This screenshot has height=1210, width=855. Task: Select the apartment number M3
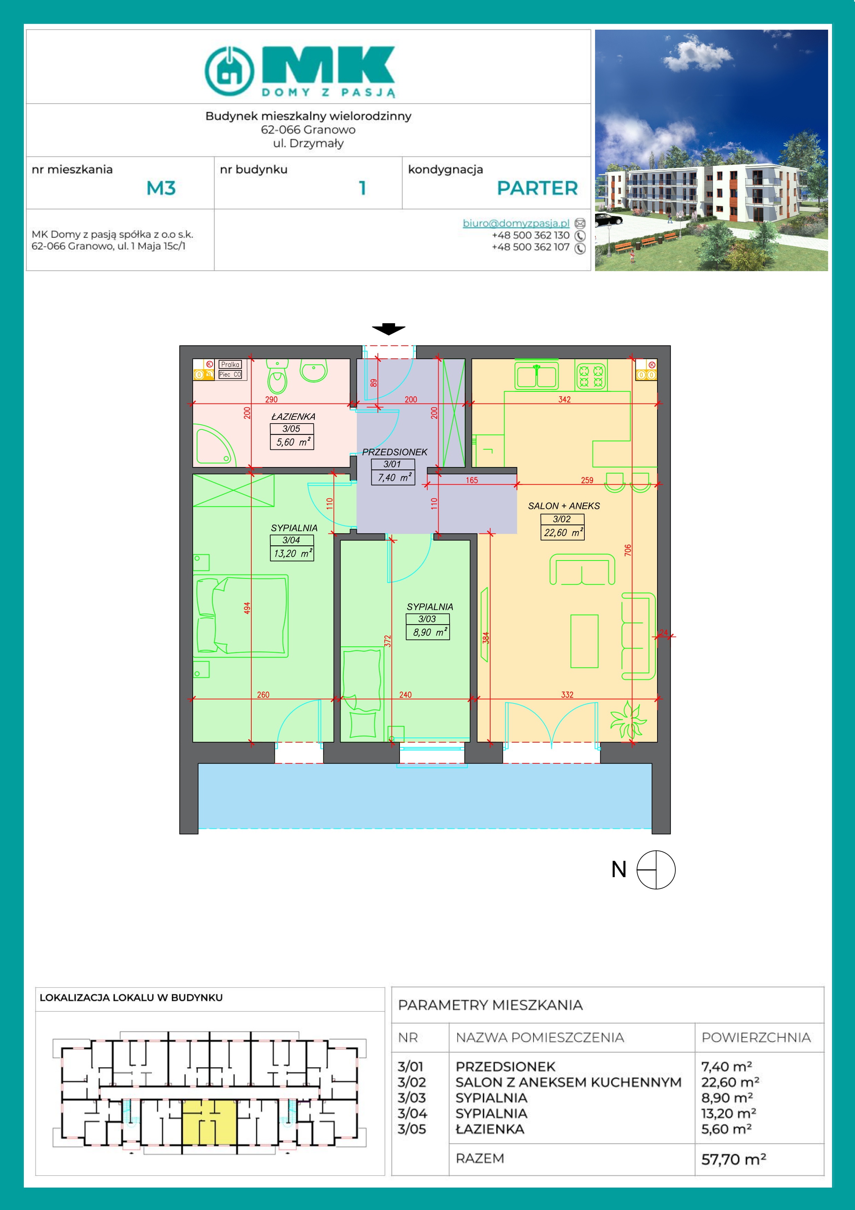(x=161, y=188)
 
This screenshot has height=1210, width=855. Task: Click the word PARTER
(x=537, y=188)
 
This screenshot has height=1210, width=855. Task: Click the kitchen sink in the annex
(x=536, y=376)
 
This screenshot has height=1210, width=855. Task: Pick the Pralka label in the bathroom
(x=230, y=364)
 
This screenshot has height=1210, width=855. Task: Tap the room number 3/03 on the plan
(x=427, y=619)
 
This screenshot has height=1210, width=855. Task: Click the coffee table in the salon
(x=584, y=641)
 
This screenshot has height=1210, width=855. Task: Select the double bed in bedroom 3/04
(x=242, y=616)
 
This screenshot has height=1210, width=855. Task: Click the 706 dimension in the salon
(x=627, y=550)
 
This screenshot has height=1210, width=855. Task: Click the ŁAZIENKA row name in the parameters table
(x=490, y=1129)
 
